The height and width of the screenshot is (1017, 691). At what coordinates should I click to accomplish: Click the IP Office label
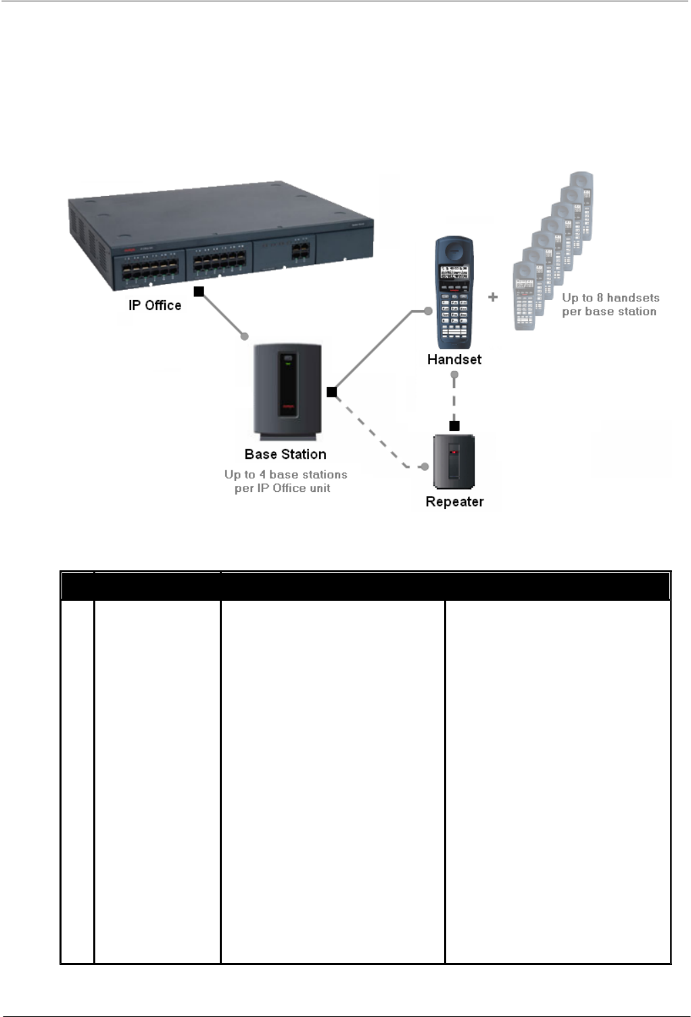tap(155, 305)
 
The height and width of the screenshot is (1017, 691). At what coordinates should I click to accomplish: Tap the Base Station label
tap(285, 454)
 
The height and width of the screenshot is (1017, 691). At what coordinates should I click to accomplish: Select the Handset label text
tap(454, 359)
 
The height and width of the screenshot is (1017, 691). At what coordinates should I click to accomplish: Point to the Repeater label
tap(454, 501)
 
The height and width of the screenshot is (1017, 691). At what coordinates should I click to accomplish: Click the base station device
tap(287, 392)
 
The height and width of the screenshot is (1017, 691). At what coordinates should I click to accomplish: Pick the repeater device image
tap(454, 462)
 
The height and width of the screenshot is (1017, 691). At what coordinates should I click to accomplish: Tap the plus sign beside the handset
tap(493, 297)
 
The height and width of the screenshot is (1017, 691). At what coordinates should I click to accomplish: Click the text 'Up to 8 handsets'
tap(611, 297)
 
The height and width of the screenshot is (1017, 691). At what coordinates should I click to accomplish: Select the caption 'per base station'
tap(609, 312)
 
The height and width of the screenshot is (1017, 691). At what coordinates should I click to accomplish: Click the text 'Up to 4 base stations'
tap(286, 474)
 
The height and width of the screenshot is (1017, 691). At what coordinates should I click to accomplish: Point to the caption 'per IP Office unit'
tap(283, 488)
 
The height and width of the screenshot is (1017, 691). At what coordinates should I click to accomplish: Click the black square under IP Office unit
tap(199, 291)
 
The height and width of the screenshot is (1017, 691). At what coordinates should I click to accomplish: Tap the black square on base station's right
tap(331, 392)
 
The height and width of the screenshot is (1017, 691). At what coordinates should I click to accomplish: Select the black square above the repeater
tap(454, 426)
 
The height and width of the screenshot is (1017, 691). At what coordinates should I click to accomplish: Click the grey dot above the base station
tap(245, 336)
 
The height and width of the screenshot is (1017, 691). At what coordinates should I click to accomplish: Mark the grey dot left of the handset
tap(428, 311)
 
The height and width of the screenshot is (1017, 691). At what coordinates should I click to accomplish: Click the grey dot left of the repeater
tap(425, 466)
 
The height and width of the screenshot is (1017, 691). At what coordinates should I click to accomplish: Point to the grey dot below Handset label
tap(454, 374)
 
